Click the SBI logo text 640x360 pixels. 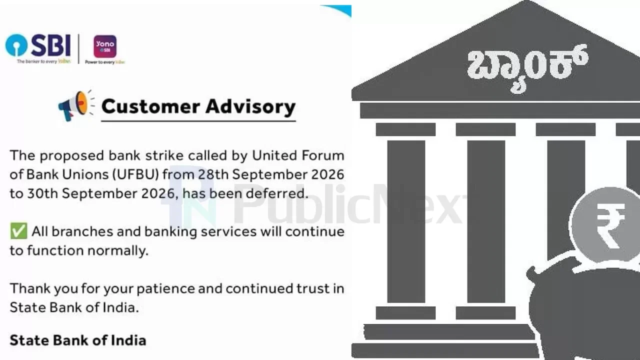point(51,45)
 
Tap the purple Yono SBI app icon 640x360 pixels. point(105,46)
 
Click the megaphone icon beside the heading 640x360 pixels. point(76,105)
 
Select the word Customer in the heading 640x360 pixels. point(150,106)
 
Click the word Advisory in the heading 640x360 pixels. point(250,107)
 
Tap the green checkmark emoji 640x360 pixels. point(18,231)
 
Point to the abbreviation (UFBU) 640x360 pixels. point(135,174)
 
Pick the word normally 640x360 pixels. point(118,251)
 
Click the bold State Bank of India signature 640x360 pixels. point(78,340)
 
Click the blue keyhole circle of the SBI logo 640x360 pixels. point(16,45)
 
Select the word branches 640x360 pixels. point(82,231)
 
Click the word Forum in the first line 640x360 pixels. point(323,155)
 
